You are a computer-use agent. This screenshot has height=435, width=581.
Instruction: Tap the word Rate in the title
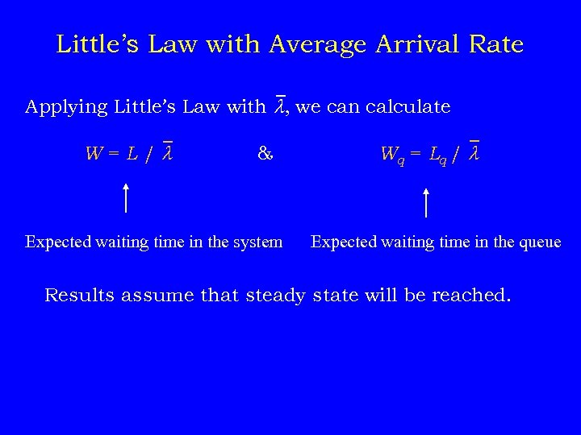[495, 44]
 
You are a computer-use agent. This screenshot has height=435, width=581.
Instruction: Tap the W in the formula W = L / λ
[94, 153]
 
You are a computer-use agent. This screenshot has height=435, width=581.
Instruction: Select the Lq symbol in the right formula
[437, 155]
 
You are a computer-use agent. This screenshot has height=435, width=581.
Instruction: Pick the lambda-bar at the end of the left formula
[167, 151]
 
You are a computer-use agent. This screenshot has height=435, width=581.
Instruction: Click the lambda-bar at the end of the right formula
[474, 151]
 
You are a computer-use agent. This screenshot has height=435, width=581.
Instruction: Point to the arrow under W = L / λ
[127, 197]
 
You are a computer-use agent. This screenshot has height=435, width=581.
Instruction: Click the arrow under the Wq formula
[426, 201]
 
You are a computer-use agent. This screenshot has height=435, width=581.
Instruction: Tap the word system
[257, 242]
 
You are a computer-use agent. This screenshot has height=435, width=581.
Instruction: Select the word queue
[537, 242]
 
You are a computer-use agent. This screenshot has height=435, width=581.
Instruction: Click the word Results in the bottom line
[80, 295]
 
